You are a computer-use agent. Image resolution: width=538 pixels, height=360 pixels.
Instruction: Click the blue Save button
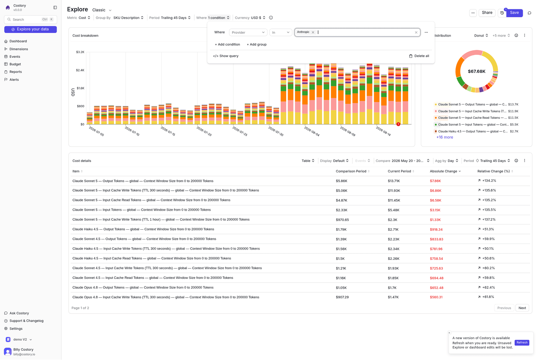(x=514, y=13)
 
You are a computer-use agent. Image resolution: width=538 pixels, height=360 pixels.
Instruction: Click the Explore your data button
(x=30, y=29)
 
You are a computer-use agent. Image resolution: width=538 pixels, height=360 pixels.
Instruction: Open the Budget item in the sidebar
(x=15, y=64)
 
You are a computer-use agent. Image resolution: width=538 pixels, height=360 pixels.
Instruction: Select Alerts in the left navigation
(x=14, y=80)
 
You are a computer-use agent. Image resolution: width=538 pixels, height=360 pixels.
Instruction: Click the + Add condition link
(x=227, y=45)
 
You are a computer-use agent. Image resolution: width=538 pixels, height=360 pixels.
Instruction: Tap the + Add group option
(x=256, y=45)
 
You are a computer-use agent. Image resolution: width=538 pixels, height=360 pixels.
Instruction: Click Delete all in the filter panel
(x=419, y=56)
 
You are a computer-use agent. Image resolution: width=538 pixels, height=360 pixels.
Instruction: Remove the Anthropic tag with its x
(x=313, y=32)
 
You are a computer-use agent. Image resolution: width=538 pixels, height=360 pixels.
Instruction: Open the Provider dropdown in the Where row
(x=248, y=32)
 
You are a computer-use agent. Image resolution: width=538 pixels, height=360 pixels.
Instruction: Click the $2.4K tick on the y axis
(x=80, y=70)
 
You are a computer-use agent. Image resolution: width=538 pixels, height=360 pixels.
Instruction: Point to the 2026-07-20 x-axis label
(x=204, y=131)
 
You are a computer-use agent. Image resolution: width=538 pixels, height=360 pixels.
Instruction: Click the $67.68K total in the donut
(x=477, y=71)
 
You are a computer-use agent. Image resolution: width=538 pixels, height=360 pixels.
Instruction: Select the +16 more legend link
(x=445, y=137)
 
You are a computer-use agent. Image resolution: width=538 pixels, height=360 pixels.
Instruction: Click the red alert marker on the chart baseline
(x=398, y=124)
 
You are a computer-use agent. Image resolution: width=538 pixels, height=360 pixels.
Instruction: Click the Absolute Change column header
(x=443, y=171)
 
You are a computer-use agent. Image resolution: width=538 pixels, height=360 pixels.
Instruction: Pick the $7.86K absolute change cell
(x=435, y=181)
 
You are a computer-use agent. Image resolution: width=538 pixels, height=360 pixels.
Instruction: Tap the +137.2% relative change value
(x=489, y=219)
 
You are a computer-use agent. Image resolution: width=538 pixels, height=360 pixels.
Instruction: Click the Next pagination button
(x=522, y=308)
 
